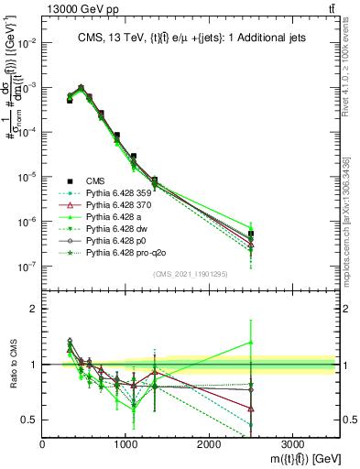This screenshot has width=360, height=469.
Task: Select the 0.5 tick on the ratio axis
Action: point(30,420)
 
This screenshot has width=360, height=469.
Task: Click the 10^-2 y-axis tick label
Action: point(27,43)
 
